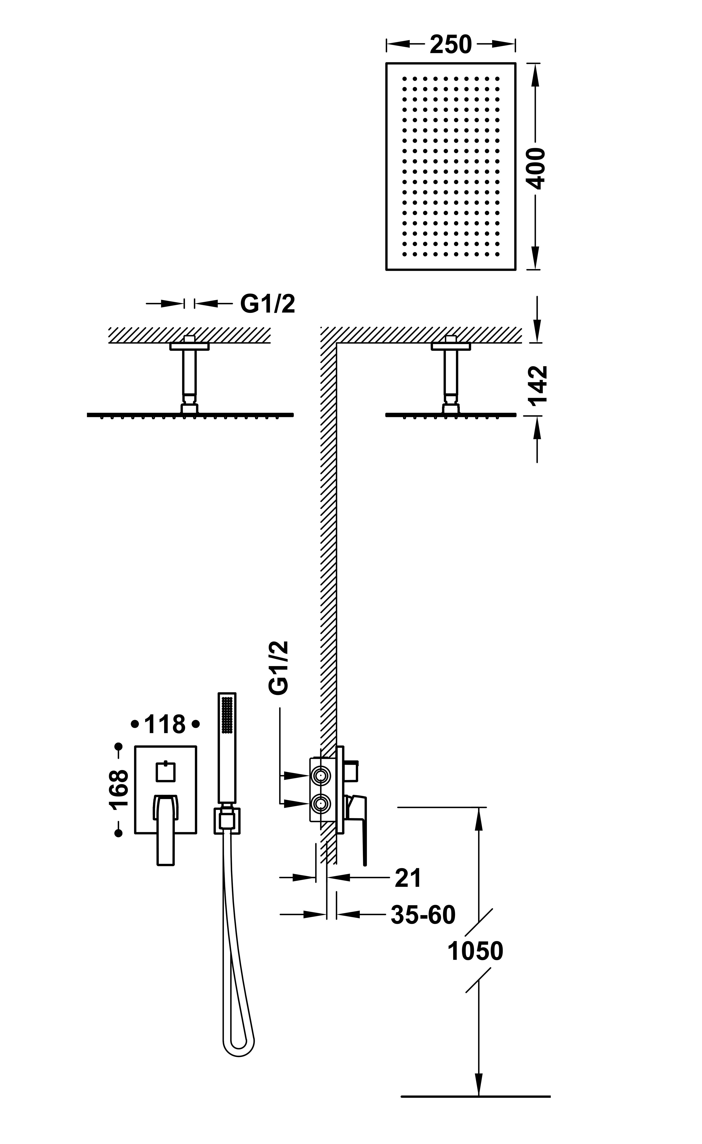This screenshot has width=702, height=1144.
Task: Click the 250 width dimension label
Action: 450,45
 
